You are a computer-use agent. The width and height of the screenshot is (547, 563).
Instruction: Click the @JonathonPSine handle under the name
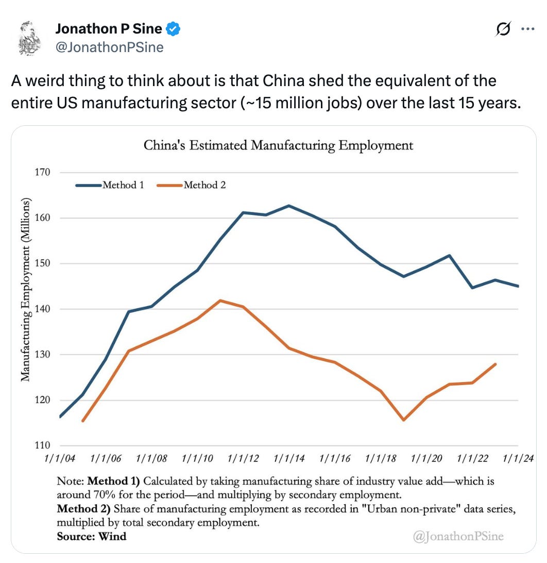click(x=109, y=48)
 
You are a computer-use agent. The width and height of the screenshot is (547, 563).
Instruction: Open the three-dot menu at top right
click(x=527, y=29)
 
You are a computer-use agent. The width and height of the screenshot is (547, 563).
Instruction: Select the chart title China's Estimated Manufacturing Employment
click(x=278, y=145)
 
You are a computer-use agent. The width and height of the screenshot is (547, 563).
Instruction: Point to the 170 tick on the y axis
click(x=43, y=172)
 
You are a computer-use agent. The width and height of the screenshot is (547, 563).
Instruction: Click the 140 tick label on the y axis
click(x=43, y=309)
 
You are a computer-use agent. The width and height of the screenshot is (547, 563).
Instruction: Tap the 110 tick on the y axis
click(x=43, y=445)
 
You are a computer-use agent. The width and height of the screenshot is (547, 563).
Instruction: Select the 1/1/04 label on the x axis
click(x=60, y=458)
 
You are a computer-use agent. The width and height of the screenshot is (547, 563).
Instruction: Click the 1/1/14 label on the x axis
click(x=289, y=458)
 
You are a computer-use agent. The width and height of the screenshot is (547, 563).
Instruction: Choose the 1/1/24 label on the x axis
click(x=517, y=458)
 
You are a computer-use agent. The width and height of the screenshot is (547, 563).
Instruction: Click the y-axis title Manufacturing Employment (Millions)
click(x=25, y=289)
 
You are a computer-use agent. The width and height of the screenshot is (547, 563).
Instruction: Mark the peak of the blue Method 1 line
click(x=288, y=206)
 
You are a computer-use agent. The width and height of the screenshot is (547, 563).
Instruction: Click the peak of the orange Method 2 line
click(x=220, y=300)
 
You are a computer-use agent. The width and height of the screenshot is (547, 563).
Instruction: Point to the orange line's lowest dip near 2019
click(x=403, y=420)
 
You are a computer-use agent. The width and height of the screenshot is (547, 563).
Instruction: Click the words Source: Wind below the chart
click(x=91, y=536)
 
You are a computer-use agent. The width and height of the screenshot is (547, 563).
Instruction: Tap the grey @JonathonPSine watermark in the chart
click(x=458, y=536)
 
